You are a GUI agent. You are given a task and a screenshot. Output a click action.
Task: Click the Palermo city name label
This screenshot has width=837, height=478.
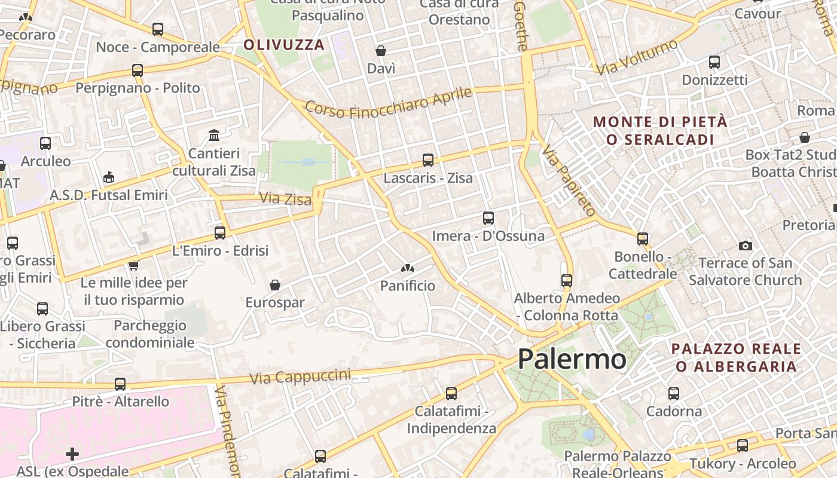pos(572,359)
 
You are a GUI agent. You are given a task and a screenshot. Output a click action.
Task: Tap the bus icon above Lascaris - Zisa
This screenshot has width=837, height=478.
pos(428,160)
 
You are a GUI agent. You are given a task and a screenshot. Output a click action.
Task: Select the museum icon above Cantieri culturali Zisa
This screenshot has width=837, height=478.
pos(214,135)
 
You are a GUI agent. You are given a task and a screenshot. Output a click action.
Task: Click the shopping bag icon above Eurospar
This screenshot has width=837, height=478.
pos(275,285)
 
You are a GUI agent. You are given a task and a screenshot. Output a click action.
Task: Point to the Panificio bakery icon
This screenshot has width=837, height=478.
pos(408,269)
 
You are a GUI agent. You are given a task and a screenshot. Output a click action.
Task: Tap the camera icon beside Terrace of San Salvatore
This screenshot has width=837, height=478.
pos(745,246)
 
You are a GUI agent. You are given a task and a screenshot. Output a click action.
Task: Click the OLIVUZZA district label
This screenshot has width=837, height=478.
pos(284,45)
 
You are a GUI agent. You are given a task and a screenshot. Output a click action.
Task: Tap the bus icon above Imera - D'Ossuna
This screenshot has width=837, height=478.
pos(488,218)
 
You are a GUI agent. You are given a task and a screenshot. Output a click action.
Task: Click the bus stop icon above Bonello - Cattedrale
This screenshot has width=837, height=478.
pos(643,239)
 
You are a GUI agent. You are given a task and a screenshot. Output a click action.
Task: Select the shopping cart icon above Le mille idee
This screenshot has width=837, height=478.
pos(133,265)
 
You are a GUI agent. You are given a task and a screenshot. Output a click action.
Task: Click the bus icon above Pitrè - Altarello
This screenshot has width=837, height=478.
pos(120,384)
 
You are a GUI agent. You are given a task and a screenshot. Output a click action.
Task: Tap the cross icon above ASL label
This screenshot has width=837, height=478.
pos(72,454)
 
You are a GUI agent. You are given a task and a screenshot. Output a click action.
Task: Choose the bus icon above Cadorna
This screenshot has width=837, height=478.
pos(674,394)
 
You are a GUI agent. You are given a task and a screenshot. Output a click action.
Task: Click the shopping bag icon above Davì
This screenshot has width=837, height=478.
pos(381,51)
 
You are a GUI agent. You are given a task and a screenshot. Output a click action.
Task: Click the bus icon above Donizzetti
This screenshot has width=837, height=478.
pos(714,62)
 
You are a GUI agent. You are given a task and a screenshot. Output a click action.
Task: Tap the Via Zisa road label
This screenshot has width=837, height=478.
pos(286,198)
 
